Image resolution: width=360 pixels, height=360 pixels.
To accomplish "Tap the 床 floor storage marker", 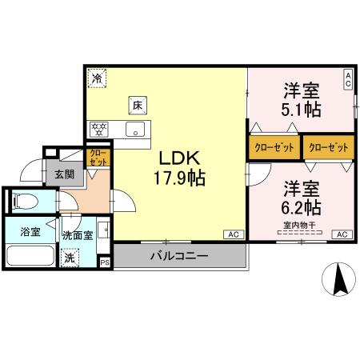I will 137,105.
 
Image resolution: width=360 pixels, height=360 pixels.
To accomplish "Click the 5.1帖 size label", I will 301,109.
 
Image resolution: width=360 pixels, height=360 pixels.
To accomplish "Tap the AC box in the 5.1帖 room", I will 348,79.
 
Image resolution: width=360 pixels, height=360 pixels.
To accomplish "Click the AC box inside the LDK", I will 233,234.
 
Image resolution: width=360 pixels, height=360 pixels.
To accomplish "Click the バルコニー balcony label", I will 179,258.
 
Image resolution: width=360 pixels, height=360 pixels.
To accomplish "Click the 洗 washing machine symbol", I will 70,259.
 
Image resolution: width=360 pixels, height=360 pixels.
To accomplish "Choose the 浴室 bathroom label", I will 30,234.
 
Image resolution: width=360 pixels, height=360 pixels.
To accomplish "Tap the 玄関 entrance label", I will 63,174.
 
